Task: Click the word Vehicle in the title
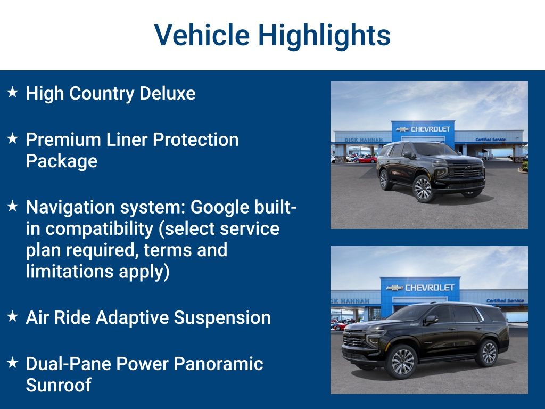click(x=202, y=35)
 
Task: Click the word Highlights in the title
click(x=324, y=35)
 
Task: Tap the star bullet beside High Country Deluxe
click(x=12, y=93)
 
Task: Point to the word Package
click(x=61, y=161)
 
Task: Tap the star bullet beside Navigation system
click(x=12, y=207)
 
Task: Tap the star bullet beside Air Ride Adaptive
click(x=12, y=317)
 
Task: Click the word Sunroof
click(x=59, y=385)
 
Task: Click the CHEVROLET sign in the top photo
click(x=430, y=129)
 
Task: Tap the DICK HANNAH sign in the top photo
click(x=363, y=140)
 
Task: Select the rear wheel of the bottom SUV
click(x=488, y=353)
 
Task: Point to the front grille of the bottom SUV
click(x=354, y=340)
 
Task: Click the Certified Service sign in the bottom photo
click(x=505, y=301)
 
